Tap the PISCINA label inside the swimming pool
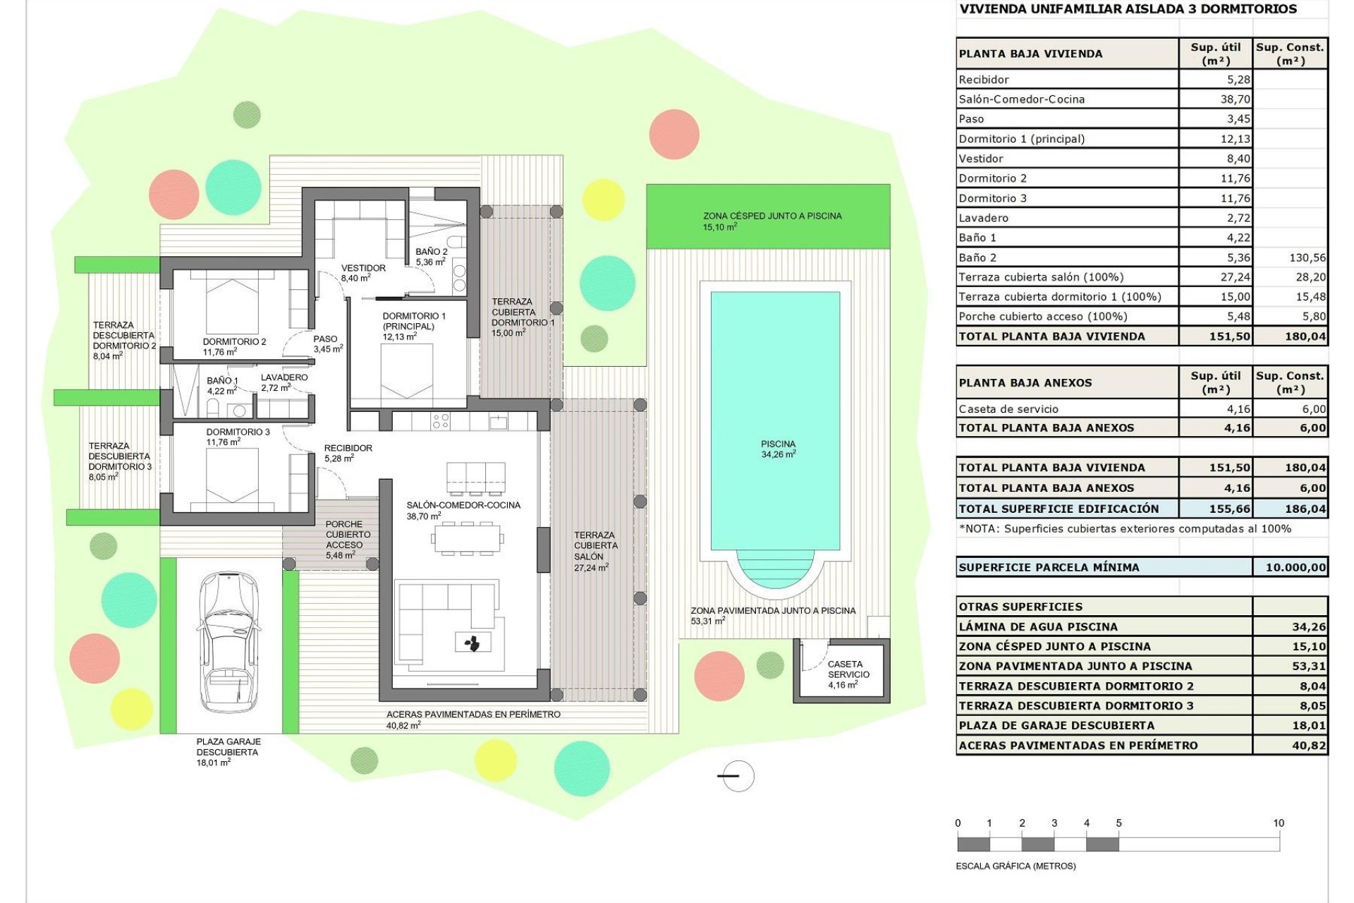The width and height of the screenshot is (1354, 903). click(778, 449)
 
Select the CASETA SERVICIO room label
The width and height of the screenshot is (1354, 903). click(848, 674)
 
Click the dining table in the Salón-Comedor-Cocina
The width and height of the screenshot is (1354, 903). click(468, 539)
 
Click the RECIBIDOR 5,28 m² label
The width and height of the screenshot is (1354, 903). click(347, 453)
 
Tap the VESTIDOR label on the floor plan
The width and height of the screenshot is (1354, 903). click(362, 272)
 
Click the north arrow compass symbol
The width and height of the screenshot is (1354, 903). click(738, 776)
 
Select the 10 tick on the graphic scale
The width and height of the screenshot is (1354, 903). click(1278, 823)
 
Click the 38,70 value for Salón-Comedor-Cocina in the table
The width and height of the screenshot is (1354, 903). click(1235, 99)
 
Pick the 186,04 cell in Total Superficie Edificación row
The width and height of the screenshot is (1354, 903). click(1305, 509)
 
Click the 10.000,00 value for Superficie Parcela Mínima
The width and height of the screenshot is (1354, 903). click(1295, 567)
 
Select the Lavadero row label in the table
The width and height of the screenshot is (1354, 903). click(983, 218)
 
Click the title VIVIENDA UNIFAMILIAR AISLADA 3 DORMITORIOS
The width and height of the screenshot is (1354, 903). click(1128, 9)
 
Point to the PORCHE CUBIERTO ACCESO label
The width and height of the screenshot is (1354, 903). click(344, 540)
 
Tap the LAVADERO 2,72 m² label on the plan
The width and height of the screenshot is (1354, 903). click(283, 382)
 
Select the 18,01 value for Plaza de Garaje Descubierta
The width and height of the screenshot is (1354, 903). click(1308, 725)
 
